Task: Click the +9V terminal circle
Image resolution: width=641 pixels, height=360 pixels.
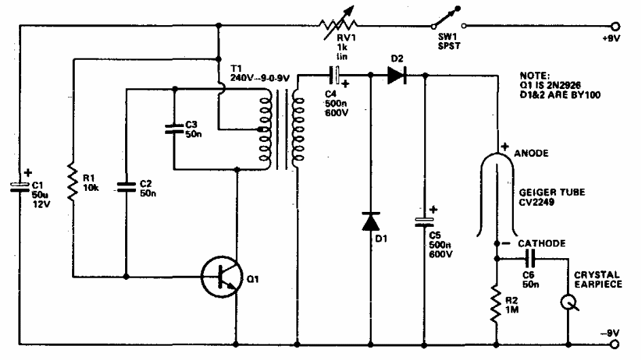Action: pyautogui.click(x=617, y=26)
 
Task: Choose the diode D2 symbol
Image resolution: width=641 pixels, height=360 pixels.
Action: pyautogui.click(x=398, y=76)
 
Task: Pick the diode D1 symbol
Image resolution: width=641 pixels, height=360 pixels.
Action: pyautogui.click(x=370, y=221)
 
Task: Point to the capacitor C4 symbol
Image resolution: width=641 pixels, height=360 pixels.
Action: pyautogui.click(x=335, y=75)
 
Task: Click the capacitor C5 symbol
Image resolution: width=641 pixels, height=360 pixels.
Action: pyautogui.click(x=425, y=221)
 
